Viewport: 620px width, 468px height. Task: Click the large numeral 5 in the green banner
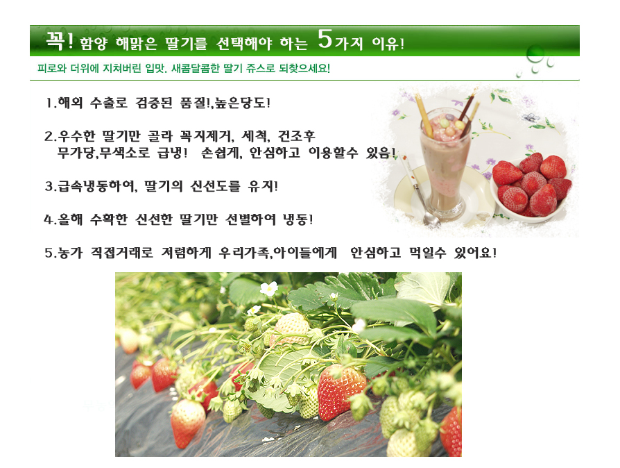[x=325, y=41]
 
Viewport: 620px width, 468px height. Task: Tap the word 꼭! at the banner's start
[x=59, y=40]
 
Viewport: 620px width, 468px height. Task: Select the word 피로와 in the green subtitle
[x=51, y=69]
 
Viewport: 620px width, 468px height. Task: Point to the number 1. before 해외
[x=50, y=103]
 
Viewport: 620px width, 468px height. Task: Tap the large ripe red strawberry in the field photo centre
[x=341, y=392]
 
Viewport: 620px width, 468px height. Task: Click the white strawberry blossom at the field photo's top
[x=268, y=288]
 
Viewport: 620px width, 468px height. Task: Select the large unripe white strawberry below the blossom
[x=292, y=326]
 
